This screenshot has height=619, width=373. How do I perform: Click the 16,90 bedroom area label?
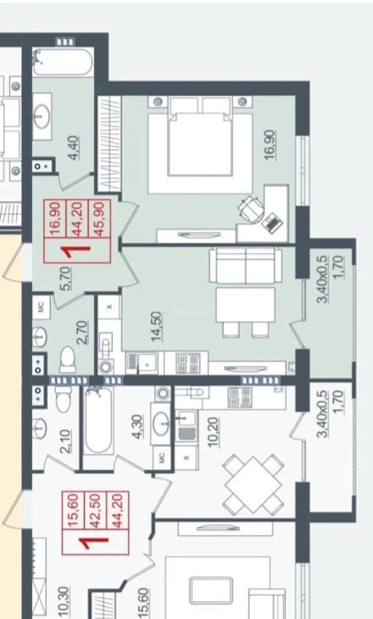tap(270, 144)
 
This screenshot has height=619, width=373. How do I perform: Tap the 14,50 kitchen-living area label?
tap(156, 327)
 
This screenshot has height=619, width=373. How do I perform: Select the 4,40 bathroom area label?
tap(74, 148)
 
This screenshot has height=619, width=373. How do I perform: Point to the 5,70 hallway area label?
tap(67, 279)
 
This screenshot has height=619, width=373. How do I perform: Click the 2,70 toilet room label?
tap(83, 333)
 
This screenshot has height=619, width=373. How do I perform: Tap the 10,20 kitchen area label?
tap(214, 432)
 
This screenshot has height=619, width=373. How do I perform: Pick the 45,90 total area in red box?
tap(98, 219)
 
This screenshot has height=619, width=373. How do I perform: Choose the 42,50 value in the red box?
tap(95, 511)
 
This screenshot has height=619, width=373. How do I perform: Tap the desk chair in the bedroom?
tap(251, 209)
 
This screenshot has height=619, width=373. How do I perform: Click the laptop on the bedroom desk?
tap(273, 222)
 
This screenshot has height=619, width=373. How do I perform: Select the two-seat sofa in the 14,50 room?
tap(246, 265)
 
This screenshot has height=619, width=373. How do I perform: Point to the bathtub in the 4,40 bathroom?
tap(63, 61)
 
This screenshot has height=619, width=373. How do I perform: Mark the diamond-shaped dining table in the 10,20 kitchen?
tap(253, 484)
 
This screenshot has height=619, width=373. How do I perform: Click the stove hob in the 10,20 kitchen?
tap(240, 397)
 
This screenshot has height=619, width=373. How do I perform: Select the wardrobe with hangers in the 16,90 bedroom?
tap(110, 144)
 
